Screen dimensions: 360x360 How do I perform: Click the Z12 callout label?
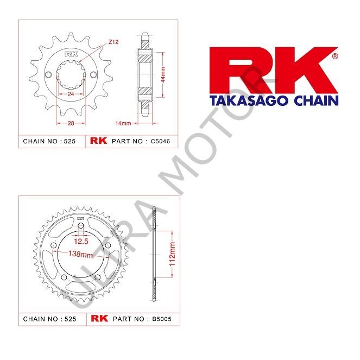point(113,42)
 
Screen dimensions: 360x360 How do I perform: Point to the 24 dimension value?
point(71,94)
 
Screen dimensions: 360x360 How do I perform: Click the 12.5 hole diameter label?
point(81,240)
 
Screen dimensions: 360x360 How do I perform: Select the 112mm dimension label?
point(173,254)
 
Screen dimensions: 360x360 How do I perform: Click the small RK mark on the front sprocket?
point(71,54)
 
